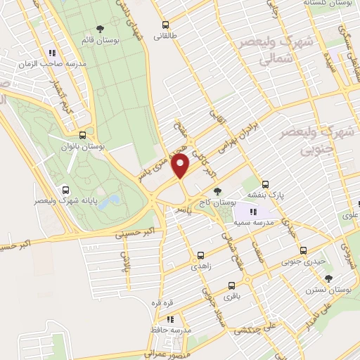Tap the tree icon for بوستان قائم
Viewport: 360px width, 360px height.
(100, 28)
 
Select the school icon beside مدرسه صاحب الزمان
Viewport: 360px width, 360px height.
(52, 53)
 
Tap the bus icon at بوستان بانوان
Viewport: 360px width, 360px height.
(83, 135)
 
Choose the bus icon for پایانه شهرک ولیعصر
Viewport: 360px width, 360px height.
(65, 189)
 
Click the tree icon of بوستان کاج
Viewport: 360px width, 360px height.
(217, 191)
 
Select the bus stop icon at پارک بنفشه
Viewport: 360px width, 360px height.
(264, 185)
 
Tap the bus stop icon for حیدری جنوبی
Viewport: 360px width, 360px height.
(303, 250)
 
